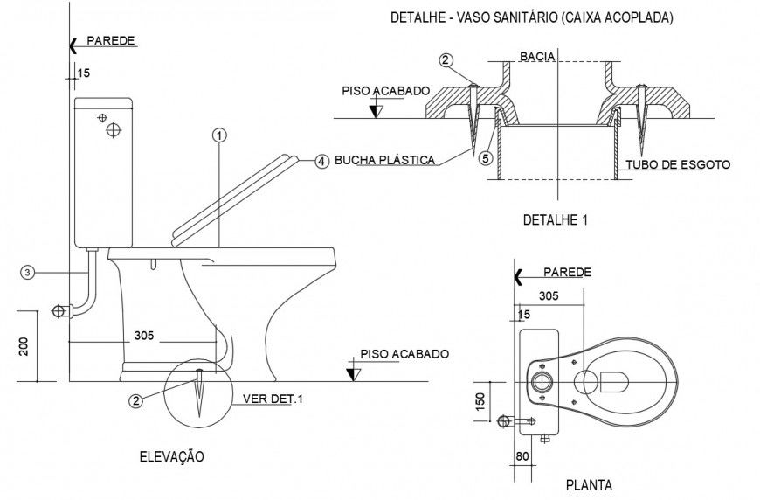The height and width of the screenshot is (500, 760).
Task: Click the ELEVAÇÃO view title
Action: click(x=171, y=456)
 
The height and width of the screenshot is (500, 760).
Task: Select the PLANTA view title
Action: click(x=589, y=484)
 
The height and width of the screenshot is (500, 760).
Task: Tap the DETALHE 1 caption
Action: click(x=555, y=220)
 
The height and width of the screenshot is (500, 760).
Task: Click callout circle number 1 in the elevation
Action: click(x=218, y=135)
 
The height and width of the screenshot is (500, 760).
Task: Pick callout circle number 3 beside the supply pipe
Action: click(x=28, y=273)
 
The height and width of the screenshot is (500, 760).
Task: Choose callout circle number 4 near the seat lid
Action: click(x=321, y=161)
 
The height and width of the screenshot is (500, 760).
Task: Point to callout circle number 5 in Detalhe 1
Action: click(x=486, y=158)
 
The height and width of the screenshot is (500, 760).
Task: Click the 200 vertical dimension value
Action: click(x=24, y=347)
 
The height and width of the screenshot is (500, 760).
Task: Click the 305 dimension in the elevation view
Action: click(x=145, y=335)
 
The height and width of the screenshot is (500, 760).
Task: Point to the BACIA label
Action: click(x=536, y=56)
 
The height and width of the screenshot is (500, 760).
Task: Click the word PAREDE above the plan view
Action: click(x=566, y=273)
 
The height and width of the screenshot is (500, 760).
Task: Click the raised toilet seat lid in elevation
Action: click(x=234, y=196)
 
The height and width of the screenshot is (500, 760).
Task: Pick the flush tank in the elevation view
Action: click(x=103, y=172)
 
